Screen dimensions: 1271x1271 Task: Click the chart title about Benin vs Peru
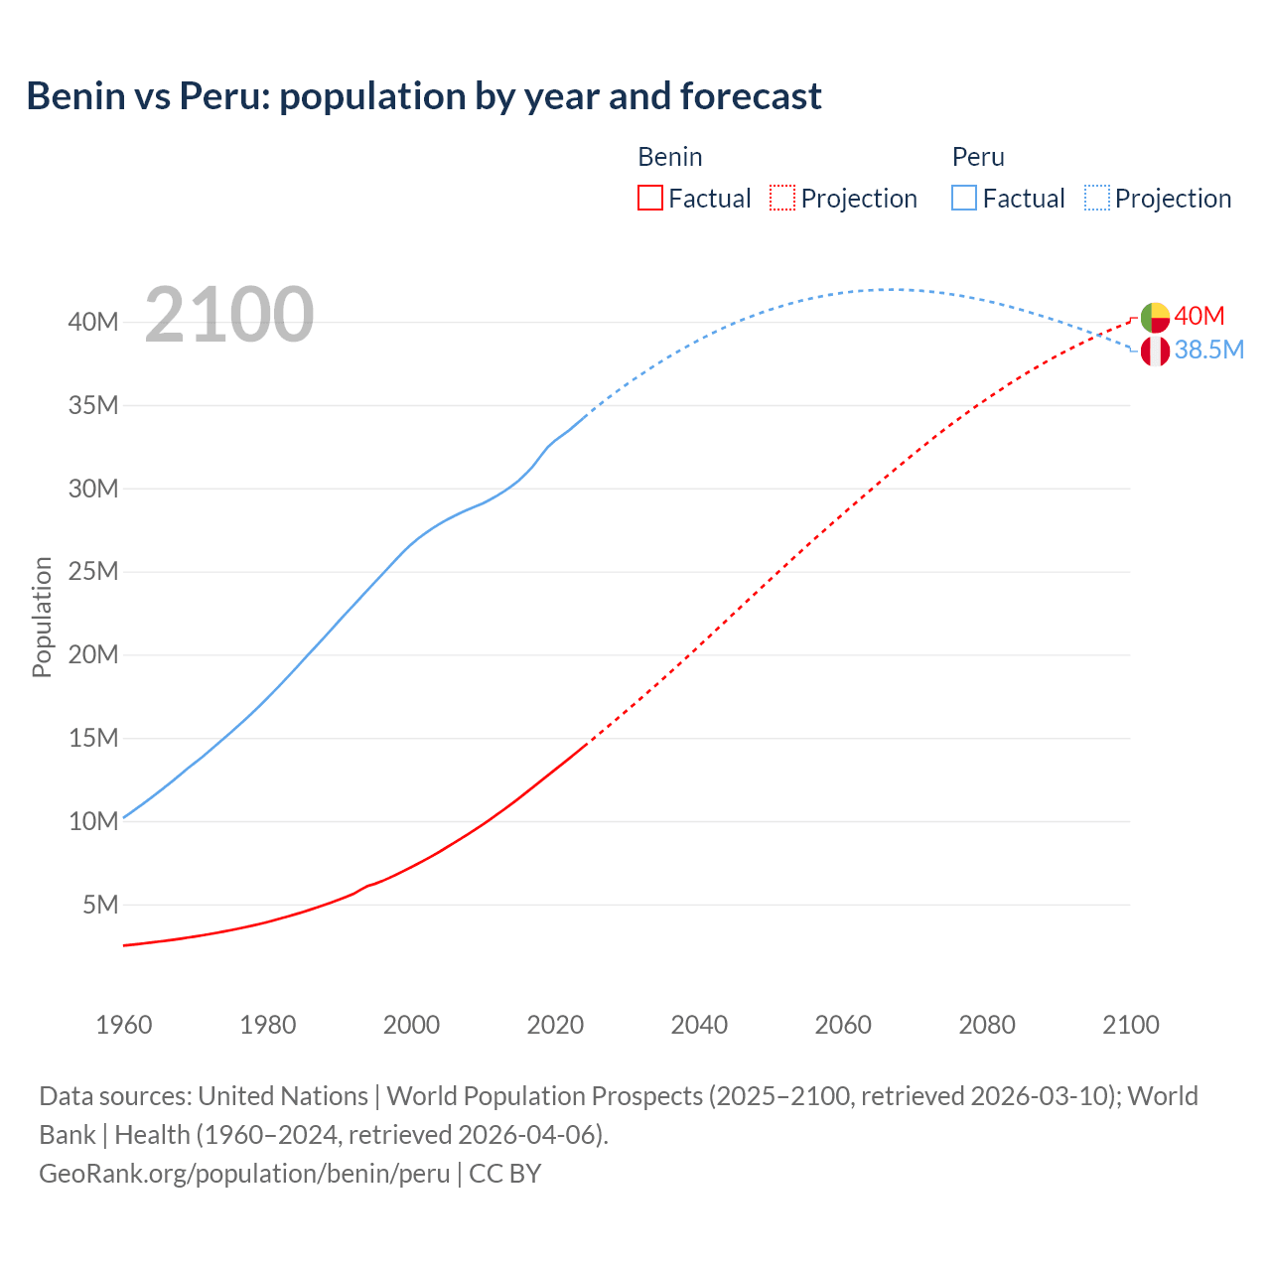click(x=424, y=96)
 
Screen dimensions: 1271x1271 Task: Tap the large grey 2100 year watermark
click(x=229, y=315)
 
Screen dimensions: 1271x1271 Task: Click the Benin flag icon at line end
click(x=1155, y=318)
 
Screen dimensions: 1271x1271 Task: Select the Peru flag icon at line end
click(x=1155, y=351)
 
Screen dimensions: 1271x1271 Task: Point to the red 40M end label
click(x=1200, y=316)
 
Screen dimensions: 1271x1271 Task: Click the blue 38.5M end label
click(x=1208, y=350)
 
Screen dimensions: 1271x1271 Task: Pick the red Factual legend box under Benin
click(x=650, y=198)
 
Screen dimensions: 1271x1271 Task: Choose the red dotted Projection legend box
click(x=782, y=198)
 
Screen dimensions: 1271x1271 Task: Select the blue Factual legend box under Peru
click(x=964, y=198)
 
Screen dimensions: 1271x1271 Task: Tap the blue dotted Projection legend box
click(x=1097, y=198)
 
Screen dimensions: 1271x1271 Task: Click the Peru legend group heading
click(x=978, y=157)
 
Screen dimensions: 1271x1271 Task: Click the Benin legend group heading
click(x=670, y=157)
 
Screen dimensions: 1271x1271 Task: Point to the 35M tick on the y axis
click(x=93, y=405)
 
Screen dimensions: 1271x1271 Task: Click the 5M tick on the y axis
click(x=100, y=905)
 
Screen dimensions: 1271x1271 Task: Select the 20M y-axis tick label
click(x=93, y=654)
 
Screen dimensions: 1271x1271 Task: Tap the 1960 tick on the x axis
click(x=124, y=1025)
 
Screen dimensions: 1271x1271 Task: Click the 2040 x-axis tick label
click(x=699, y=1025)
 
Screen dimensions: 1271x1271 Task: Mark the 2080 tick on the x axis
click(x=987, y=1025)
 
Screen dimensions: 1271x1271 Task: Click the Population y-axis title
click(x=42, y=617)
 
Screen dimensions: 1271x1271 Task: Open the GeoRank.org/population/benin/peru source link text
click(x=244, y=1174)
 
